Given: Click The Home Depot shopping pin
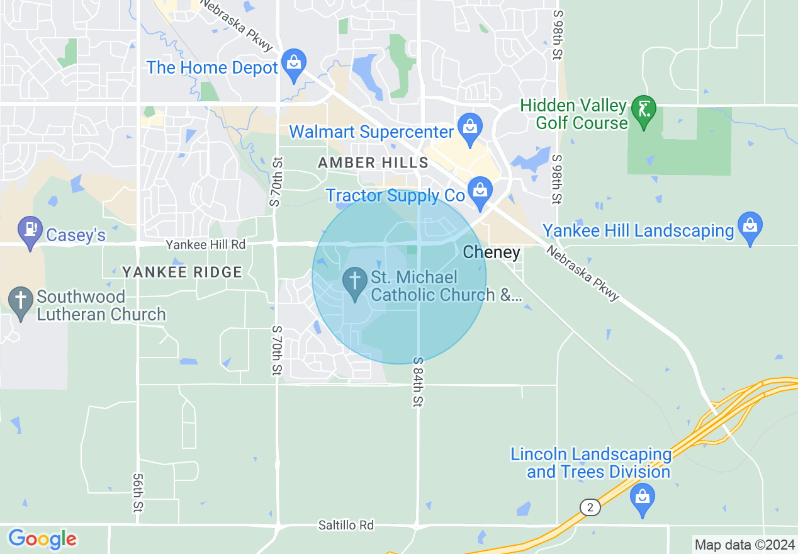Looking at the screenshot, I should point(293,64).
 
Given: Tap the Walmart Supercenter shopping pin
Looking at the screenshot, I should point(469,126).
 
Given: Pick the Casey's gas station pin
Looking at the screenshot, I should point(30,230).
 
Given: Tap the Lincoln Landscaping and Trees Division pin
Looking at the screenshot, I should point(643,498).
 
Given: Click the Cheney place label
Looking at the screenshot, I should point(492,253).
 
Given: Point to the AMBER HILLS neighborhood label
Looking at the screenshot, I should point(373,163).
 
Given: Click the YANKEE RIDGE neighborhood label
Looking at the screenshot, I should point(182,272).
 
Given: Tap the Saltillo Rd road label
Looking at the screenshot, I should point(346,525).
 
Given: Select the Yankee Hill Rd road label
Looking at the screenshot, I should point(206,244).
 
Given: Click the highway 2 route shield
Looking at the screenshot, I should point(590,507).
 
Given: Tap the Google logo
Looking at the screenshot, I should point(42,539).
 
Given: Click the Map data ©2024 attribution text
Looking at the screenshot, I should point(743,544).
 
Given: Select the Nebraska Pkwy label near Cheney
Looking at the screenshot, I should point(583,273).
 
